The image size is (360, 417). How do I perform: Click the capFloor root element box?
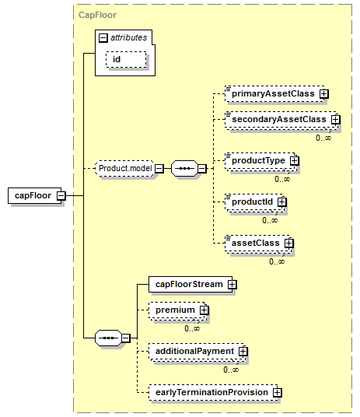[35, 196]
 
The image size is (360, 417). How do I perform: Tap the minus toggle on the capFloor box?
[61, 196]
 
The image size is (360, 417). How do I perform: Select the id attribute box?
[126, 59]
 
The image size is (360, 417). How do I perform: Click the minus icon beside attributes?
[103, 38]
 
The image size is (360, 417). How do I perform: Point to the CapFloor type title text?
[97, 15]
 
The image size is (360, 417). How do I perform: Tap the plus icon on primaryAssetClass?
[323, 93]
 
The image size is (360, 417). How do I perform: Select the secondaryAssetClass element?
[281, 121]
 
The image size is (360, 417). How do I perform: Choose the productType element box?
[261, 162]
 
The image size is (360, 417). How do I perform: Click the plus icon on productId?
[281, 201]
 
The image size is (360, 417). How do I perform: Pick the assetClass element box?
[259, 244]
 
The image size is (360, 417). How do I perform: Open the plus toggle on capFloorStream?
[232, 285]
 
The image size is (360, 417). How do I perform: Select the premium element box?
[178, 311]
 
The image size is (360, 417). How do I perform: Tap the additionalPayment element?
[197, 352]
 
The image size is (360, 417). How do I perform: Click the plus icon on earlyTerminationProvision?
[278, 393]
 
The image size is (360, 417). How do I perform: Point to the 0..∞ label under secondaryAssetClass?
[323, 138]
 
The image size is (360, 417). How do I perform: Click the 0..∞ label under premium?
[192, 328]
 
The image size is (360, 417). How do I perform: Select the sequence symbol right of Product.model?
[184, 168]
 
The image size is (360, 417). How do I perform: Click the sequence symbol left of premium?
[108, 338]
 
